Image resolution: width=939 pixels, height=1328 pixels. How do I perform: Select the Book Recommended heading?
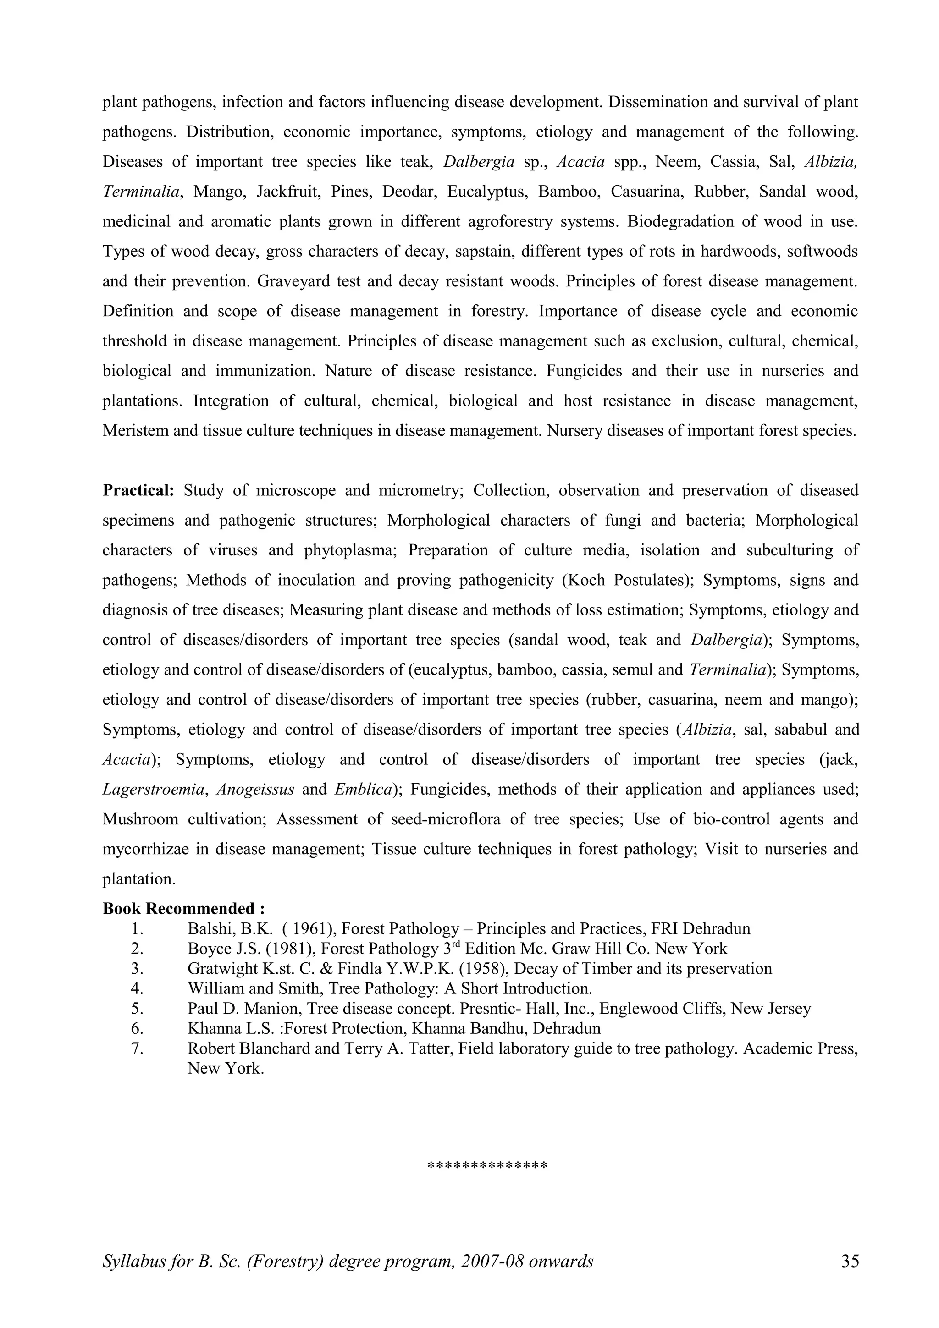point(183,909)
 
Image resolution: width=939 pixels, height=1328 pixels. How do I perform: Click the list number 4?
point(137,988)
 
